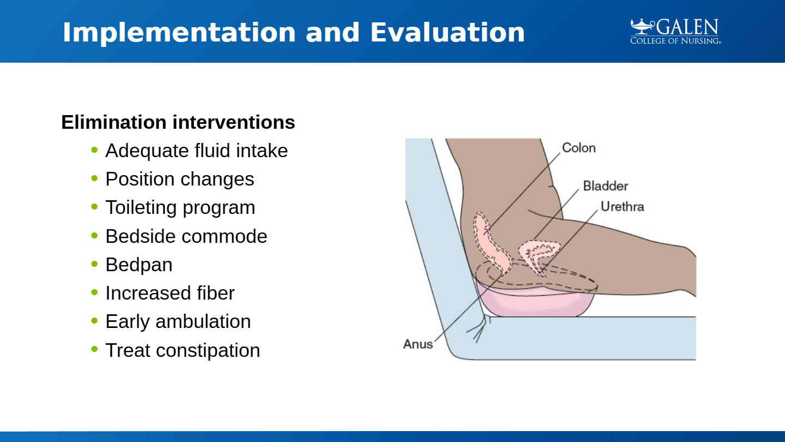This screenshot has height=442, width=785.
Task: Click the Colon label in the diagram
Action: point(578,148)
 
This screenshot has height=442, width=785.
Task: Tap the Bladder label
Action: point(605,186)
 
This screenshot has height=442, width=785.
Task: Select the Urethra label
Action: point(623,207)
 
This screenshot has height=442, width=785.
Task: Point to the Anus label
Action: point(418,344)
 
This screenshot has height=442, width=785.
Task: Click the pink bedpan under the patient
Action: point(536,302)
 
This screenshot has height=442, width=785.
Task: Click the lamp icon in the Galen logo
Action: point(642,27)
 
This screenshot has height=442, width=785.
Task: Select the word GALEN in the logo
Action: point(687,27)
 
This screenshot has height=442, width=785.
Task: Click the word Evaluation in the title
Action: point(448,33)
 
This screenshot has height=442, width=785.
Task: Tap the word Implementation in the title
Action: point(179,33)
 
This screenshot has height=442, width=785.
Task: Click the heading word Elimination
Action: point(114,122)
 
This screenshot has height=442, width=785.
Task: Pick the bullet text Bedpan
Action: point(139,265)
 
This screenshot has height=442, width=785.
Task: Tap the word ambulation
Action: point(203,321)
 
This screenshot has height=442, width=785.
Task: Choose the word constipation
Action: point(208,350)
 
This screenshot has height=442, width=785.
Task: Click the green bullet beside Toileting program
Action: point(94,207)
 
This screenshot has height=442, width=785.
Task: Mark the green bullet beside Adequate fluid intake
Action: point(94,150)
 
